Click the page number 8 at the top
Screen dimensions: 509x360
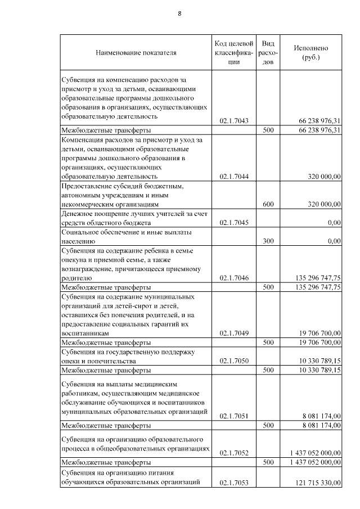point(179,13)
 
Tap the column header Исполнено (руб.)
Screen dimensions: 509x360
point(310,53)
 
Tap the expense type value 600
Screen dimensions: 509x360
point(268,204)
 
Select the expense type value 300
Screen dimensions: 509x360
point(268,241)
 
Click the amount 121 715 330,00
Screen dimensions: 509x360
point(318,483)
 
